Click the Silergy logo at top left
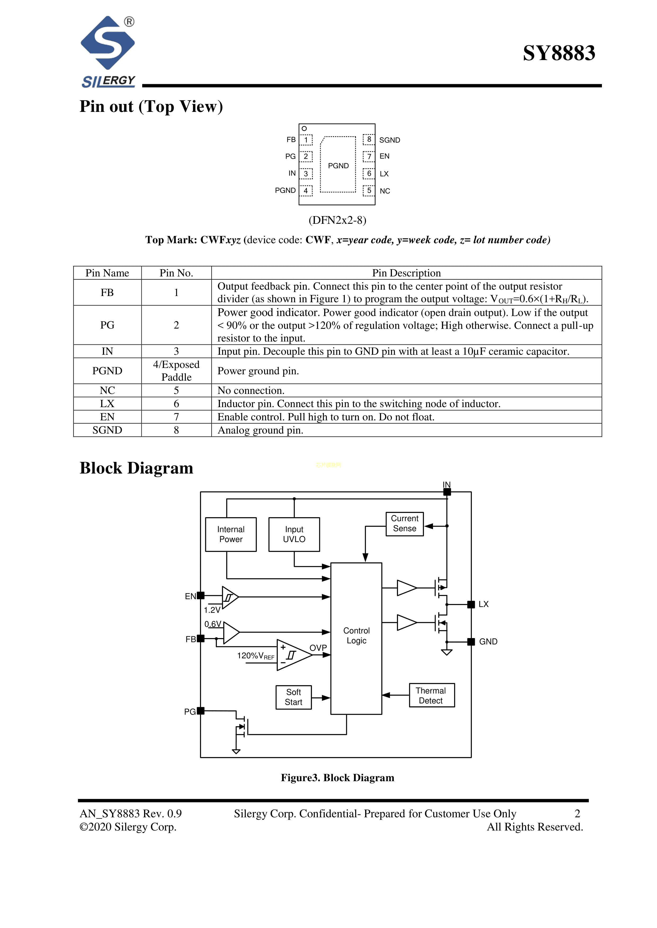[108, 51]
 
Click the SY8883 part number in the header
[559, 53]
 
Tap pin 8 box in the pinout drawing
[369, 139]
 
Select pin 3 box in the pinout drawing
[306, 173]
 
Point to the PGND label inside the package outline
[338, 166]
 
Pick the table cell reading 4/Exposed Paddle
[176, 371]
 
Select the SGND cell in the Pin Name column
[107, 430]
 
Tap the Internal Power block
[231, 534]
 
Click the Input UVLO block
[294, 534]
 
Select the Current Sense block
[405, 524]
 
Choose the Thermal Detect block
[431, 695]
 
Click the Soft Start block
[293, 697]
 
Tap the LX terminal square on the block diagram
[471, 605]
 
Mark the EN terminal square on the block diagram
[201, 595]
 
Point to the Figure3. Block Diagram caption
[337, 778]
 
